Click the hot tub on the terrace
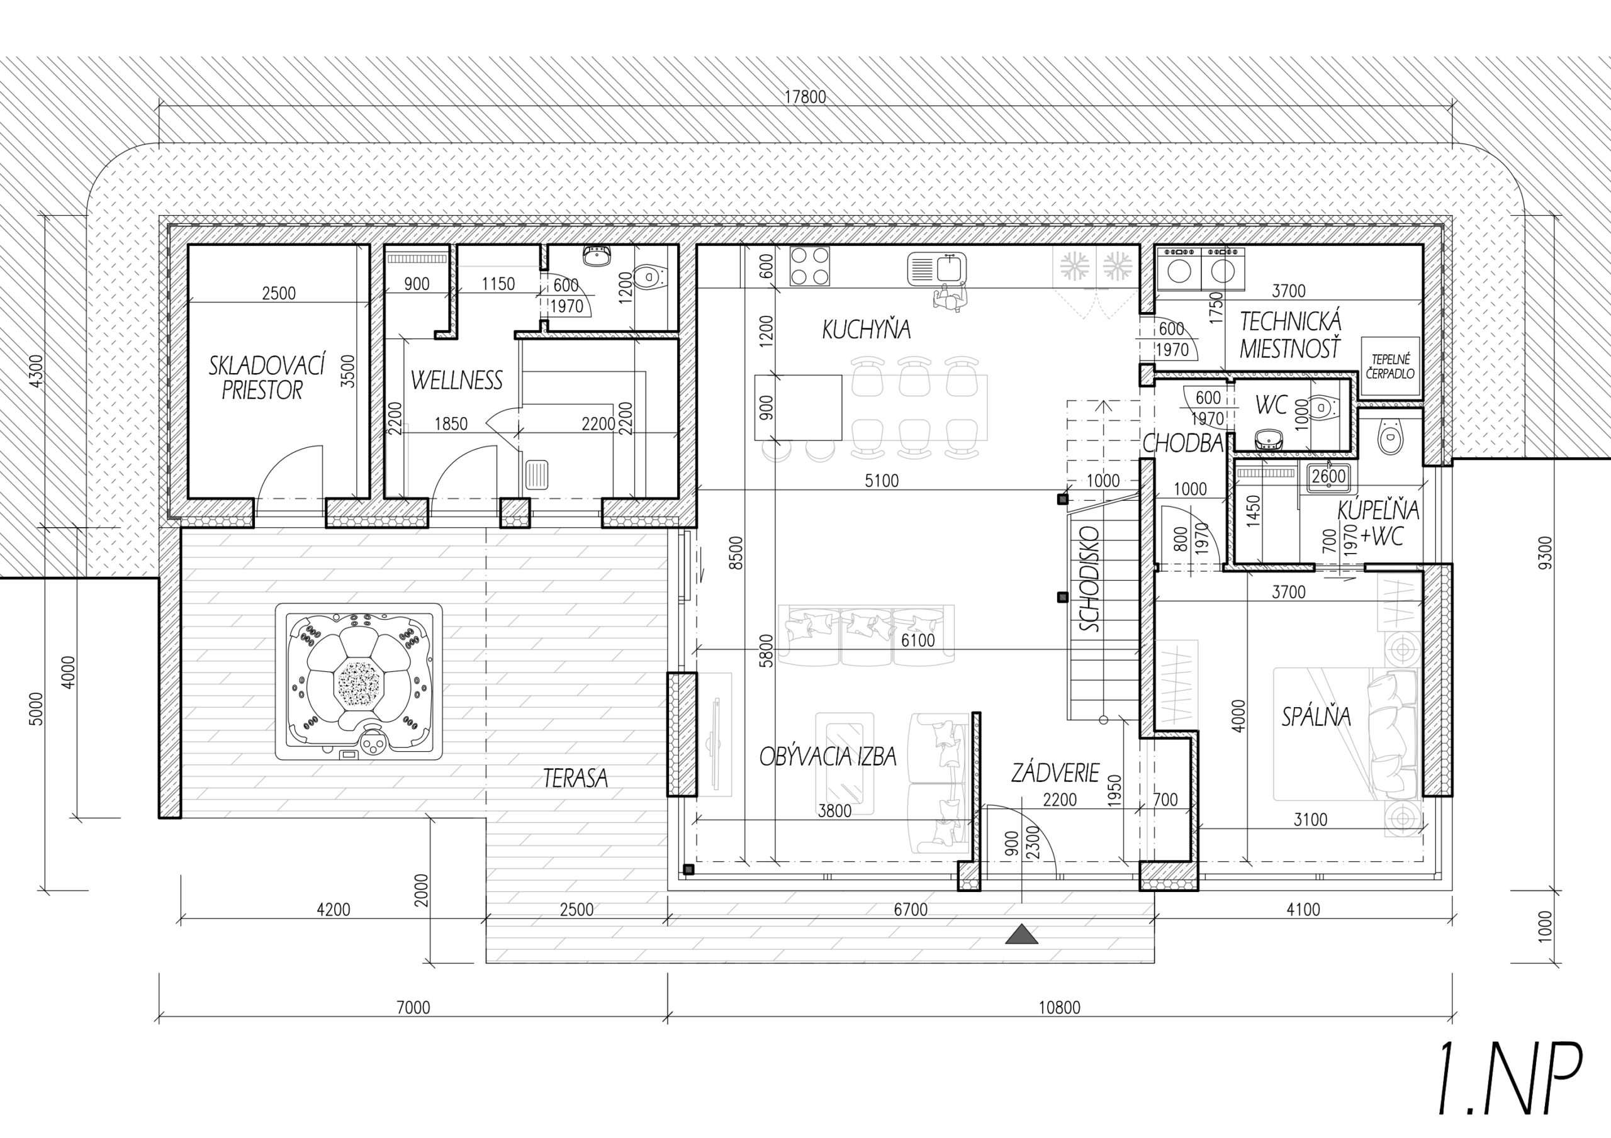point(359,681)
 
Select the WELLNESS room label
point(456,380)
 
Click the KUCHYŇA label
point(867,329)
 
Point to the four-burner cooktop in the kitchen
point(809,267)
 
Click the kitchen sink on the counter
point(937,269)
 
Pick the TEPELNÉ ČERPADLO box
point(1390,367)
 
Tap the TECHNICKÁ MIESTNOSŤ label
point(1290,335)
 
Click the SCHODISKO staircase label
point(1090,579)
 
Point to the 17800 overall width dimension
point(805,97)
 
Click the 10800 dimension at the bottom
point(1060,1008)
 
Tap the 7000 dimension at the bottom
point(413,1008)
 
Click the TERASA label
point(575,778)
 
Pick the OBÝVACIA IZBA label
point(828,756)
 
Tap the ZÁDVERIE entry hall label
point(1055,773)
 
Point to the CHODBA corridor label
point(1183,443)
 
